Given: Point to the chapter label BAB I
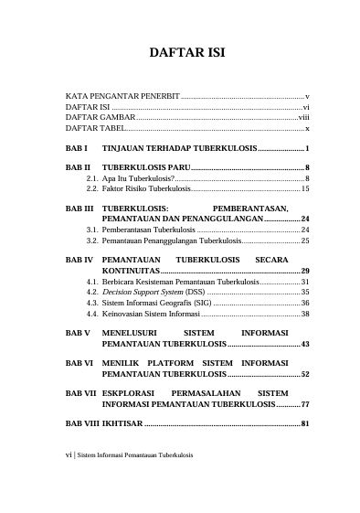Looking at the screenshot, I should [x=77, y=148].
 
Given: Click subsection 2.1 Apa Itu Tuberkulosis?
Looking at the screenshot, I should [x=137, y=178].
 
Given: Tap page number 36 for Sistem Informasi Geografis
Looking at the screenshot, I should [x=305, y=303].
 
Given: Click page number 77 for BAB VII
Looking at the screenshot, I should [x=305, y=404].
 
